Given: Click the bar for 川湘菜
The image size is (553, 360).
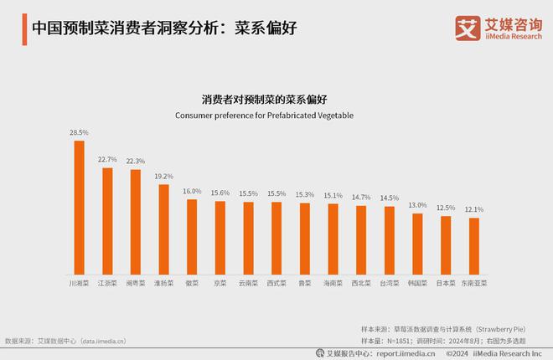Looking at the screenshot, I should [x=80, y=208].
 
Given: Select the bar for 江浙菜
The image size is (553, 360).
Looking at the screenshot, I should [x=107, y=221].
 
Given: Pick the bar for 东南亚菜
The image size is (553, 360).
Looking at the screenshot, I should [x=473, y=246].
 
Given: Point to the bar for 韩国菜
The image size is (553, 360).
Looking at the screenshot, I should [x=417, y=244].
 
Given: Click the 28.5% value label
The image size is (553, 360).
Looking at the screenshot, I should [x=79, y=132].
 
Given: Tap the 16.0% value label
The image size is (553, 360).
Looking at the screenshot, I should [x=192, y=192].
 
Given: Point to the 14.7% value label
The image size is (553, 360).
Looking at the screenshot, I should [x=360, y=198].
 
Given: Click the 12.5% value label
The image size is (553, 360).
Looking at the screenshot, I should [x=445, y=208].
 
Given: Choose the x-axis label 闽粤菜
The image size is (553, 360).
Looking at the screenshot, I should [x=135, y=284].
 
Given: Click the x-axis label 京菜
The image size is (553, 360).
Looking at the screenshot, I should [x=220, y=284].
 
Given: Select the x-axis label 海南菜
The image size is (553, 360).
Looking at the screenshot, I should [x=333, y=284].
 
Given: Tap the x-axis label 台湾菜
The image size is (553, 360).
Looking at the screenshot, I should [x=389, y=284].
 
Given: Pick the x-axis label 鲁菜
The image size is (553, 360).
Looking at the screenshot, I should [x=304, y=284].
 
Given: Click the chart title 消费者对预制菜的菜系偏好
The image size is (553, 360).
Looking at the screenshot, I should [x=276, y=98].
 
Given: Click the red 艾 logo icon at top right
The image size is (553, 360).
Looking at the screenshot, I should [x=466, y=28].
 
